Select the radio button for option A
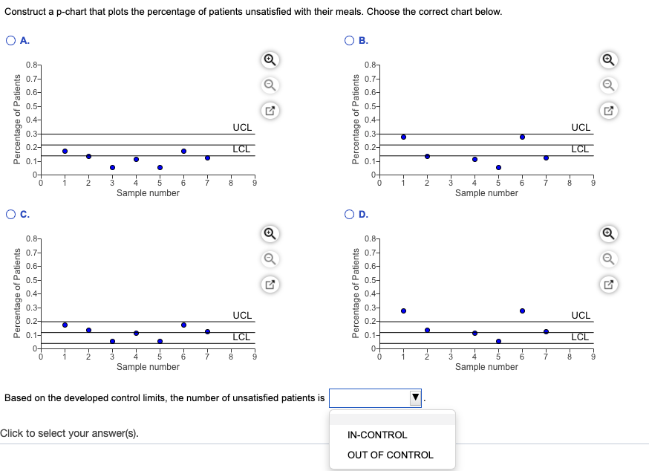click(x=11, y=41)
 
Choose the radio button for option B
click(x=350, y=41)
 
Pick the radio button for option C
click(x=11, y=215)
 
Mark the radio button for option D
click(x=350, y=215)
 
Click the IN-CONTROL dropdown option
click(x=377, y=435)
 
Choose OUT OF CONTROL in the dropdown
click(x=390, y=455)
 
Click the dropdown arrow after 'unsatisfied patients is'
click(x=415, y=398)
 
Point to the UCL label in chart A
click(x=241, y=128)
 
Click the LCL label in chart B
click(x=580, y=149)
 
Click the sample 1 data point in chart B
click(x=403, y=137)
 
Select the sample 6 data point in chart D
click(x=522, y=311)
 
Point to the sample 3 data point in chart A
click(x=112, y=167)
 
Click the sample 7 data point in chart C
click(x=207, y=331)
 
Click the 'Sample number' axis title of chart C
click(x=148, y=367)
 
